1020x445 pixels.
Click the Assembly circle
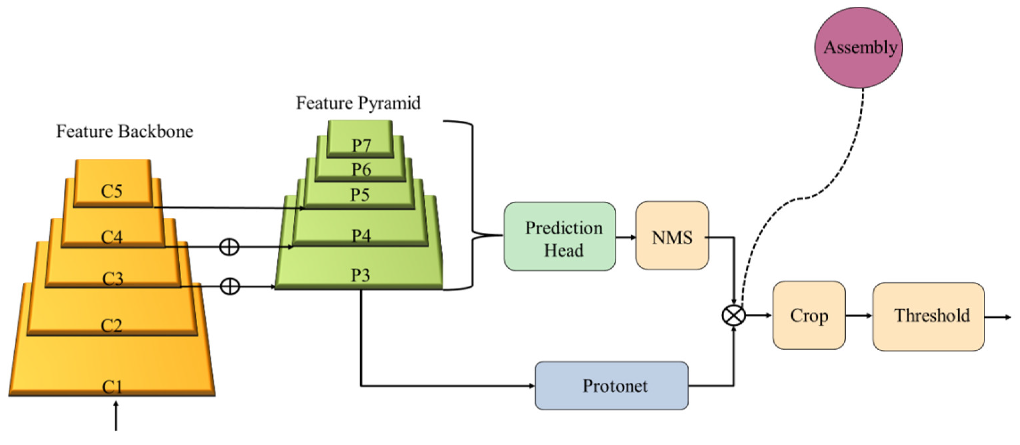[859, 47]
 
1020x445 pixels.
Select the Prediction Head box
[559, 236]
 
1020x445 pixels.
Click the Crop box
[809, 315]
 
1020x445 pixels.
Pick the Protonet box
[611, 386]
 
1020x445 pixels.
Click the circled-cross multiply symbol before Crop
[733, 316]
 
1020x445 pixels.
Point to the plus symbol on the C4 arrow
[229, 247]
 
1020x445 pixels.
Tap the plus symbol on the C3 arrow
[230, 286]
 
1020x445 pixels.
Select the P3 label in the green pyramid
[360, 275]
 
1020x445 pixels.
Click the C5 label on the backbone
[112, 191]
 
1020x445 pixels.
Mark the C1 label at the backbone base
[112, 387]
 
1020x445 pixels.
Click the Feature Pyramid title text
[358, 103]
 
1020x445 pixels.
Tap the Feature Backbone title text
[124, 132]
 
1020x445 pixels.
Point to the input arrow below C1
[116, 416]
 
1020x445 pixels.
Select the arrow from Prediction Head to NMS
[626, 237]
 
